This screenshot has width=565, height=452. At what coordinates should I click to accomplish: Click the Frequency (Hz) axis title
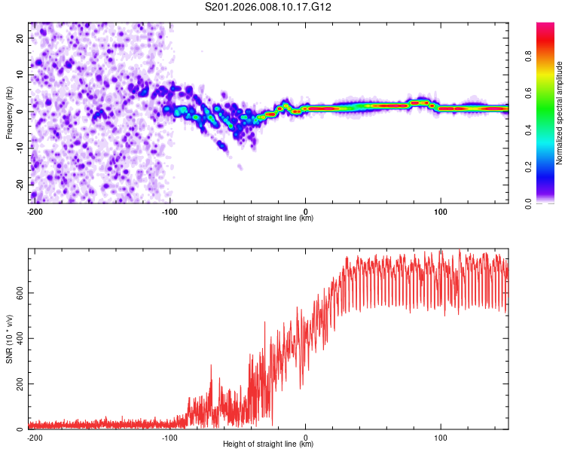[x=9, y=111]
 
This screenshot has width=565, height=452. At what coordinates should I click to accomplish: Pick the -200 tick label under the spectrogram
[x=33, y=211]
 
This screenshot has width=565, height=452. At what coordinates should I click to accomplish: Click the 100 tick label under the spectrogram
[x=441, y=211]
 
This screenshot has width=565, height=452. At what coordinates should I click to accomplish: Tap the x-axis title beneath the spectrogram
[x=268, y=218]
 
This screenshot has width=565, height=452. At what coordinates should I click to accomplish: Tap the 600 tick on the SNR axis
[x=18, y=292]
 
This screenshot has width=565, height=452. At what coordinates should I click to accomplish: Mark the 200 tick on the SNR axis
[x=18, y=384]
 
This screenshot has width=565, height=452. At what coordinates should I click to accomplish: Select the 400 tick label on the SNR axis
[x=18, y=338]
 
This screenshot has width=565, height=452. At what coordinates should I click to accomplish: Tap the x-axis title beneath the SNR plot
[x=268, y=444]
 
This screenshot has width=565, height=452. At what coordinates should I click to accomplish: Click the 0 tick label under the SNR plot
[x=306, y=437]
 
